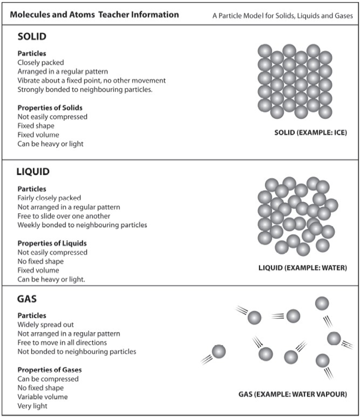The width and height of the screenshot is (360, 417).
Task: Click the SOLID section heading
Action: click(x=32, y=36)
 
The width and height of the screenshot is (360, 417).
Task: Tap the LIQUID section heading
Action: click(x=33, y=171)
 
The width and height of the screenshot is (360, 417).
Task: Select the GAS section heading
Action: click(x=27, y=299)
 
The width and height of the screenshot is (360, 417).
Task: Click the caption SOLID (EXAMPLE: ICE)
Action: click(x=311, y=133)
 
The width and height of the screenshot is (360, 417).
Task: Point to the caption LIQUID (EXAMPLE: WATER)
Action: click(x=303, y=267)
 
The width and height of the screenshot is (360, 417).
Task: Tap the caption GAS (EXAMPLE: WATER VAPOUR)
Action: click(x=293, y=394)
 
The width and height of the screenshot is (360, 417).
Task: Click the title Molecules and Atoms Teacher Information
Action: click(x=95, y=14)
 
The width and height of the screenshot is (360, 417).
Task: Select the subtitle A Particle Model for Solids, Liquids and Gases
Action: click(x=282, y=16)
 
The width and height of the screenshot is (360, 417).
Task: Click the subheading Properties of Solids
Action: click(x=50, y=108)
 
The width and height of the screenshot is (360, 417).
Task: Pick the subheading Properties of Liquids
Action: click(x=52, y=243)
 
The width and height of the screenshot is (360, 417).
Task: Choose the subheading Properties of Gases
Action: click(x=50, y=370)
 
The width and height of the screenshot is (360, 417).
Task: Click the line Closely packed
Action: click(x=41, y=62)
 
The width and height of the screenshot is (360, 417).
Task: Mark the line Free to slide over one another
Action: click(x=64, y=216)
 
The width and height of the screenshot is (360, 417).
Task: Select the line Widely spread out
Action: click(x=46, y=325)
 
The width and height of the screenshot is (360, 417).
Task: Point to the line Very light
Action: click(x=32, y=406)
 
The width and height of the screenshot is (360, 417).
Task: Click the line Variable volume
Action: click(x=42, y=397)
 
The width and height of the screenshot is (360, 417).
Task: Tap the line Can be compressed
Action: click(x=48, y=379)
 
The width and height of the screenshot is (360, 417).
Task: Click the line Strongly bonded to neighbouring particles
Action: click(x=85, y=90)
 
